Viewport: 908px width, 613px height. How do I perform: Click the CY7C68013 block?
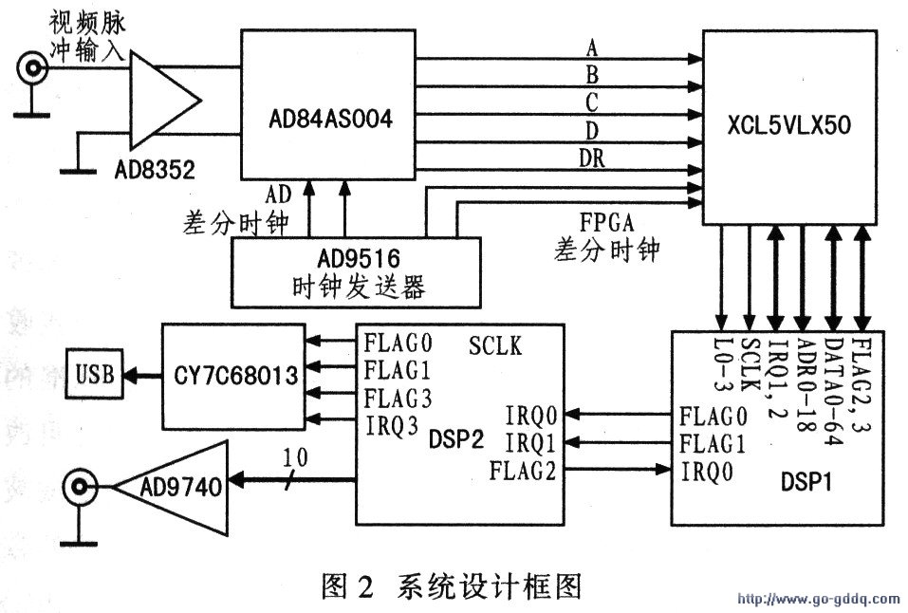click(x=232, y=377)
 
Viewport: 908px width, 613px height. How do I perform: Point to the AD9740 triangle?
click(x=180, y=488)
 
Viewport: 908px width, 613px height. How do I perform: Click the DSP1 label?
click(x=814, y=482)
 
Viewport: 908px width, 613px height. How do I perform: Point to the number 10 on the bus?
click(x=297, y=458)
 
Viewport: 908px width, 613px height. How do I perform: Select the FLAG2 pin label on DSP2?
click(x=523, y=468)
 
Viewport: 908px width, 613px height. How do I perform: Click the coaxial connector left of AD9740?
click(x=81, y=488)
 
